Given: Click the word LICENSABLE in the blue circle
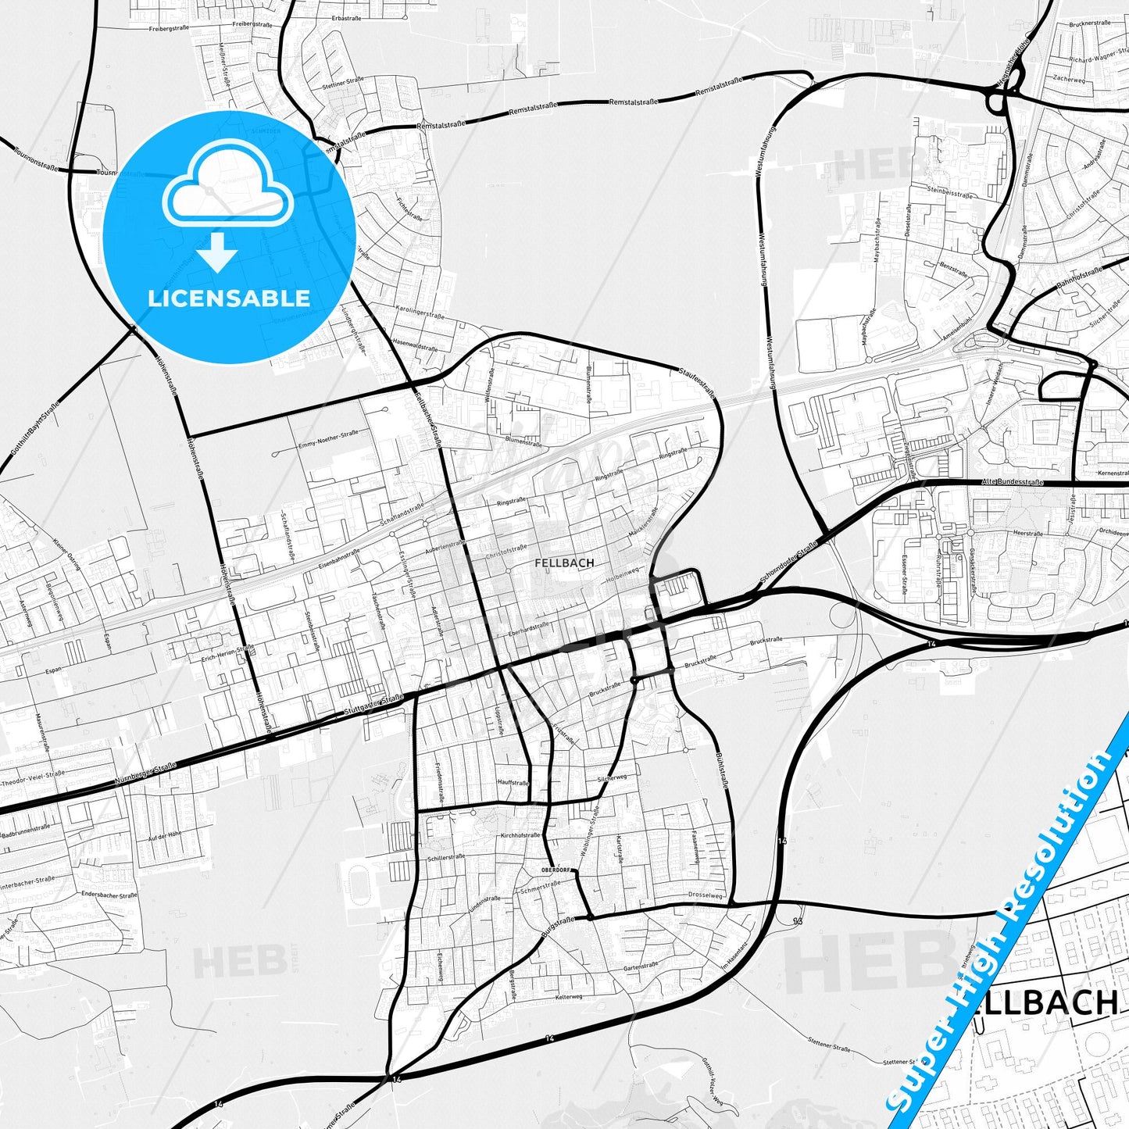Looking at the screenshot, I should (x=229, y=298).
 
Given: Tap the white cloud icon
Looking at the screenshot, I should (x=227, y=188).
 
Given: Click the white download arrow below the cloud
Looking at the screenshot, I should (x=217, y=252).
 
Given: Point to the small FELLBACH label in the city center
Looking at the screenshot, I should (x=564, y=563).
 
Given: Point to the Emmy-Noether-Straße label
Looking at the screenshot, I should (x=328, y=440).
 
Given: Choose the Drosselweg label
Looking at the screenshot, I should (x=706, y=895).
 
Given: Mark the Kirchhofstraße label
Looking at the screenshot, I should (x=520, y=835).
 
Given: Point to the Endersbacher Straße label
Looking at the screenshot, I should (x=109, y=895).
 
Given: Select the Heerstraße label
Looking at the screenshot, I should (x=1027, y=533).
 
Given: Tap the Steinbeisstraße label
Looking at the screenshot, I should (x=949, y=191).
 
